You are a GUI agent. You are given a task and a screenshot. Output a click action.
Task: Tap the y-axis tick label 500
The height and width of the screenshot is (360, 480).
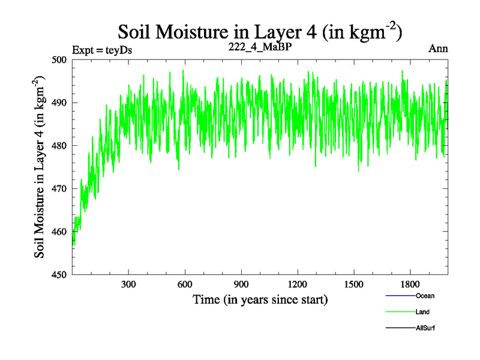coord(59,60)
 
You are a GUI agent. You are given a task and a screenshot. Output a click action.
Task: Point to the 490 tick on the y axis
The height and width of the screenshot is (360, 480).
coord(59,103)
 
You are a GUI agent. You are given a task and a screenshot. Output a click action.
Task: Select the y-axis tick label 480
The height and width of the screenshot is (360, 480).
coord(59,146)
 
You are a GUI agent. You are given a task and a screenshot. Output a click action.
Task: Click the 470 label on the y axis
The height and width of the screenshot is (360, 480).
coord(59,188)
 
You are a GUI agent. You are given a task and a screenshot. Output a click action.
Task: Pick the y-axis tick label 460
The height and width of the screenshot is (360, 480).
coord(59,232)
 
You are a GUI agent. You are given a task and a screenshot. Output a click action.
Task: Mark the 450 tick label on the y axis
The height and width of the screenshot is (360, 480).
coord(59,274)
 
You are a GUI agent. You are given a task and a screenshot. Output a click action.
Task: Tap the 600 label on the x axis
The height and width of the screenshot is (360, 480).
coord(185,284)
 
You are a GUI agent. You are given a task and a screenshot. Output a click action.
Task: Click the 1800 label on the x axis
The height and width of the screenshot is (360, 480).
coord(410,284)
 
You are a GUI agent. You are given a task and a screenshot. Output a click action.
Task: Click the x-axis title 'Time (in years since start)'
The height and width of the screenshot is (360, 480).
coord(260,299)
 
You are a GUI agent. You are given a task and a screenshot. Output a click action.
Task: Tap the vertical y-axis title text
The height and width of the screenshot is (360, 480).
coord(41,167)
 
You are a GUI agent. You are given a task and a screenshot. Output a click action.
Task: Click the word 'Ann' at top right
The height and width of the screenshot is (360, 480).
coord(438,49)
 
